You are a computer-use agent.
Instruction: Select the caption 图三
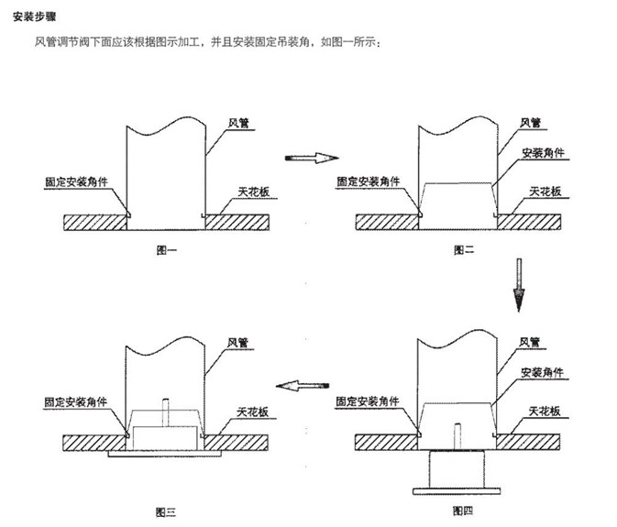165,510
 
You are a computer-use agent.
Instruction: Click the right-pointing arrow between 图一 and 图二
307,159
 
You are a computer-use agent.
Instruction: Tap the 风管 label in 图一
238,122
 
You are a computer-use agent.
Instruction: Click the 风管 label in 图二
531,122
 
